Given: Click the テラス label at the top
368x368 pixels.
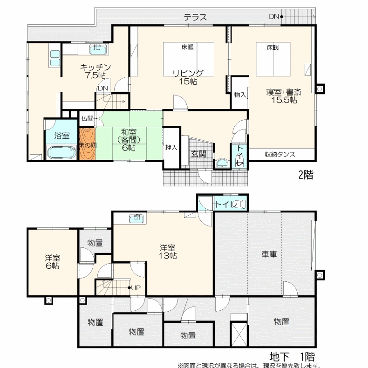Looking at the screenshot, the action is [195, 17].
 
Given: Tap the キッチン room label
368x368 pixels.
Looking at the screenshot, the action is [95, 68].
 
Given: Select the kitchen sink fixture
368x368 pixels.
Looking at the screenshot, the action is [98, 49].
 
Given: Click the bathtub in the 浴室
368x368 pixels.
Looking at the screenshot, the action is [62, 152].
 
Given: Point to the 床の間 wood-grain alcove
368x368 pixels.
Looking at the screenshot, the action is [87, 144].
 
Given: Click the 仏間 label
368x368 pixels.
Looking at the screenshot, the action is [87, 118].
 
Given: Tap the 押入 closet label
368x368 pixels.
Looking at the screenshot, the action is [171, 147].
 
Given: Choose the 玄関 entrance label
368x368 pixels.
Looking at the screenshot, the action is [199, 154].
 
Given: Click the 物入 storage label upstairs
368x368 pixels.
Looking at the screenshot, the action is [240, 95].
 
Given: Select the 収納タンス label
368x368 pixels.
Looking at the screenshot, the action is [280, 154].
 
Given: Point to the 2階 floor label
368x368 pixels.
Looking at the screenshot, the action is [306, 175].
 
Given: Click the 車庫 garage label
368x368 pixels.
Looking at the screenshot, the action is [269, 254].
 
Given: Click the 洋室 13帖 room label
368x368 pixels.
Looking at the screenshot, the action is [168, 252].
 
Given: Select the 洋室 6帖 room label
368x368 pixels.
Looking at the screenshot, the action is [53, 262].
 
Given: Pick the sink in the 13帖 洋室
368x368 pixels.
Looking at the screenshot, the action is [136, 219].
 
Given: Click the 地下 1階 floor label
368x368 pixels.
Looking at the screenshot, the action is [292, 357].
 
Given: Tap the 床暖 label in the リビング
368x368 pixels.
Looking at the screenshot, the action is [188, 47].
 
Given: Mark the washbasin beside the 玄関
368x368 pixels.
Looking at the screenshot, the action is [222, 164].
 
